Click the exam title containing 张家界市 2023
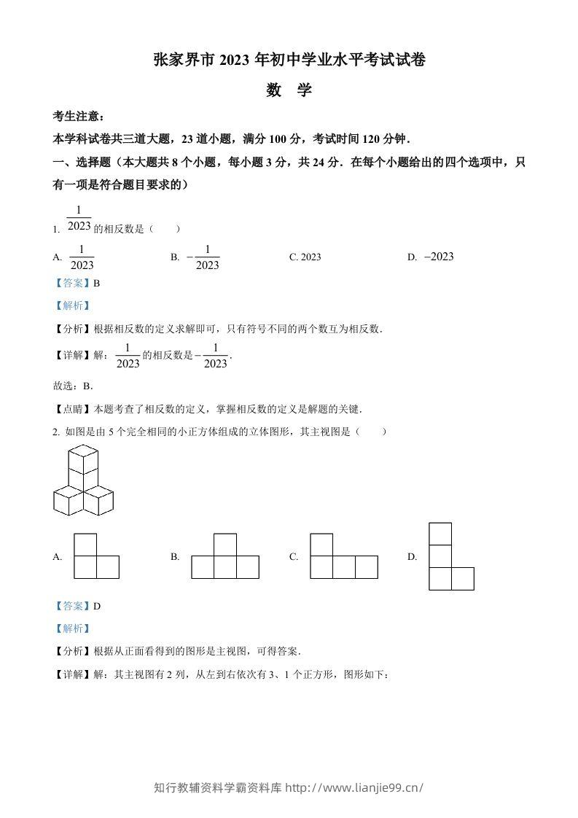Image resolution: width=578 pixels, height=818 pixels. pyautogui.click(x=289, y=61)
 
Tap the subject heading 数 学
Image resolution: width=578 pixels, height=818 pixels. pyautogui.click(x=289, y=90)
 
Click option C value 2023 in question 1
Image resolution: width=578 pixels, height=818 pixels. pyautogui.click(x=305, y=257)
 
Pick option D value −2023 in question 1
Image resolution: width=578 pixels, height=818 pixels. pyautogui.click(x=438, y=256)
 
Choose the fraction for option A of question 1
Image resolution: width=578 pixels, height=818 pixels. pyautogui.click(x=82, y=257)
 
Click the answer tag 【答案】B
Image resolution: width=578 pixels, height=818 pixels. pyautogui.click(x=77, y=283)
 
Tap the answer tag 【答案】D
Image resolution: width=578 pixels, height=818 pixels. pyautogui.click(x=77, y=606)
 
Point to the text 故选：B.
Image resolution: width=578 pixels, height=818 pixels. pyautogui.click(x=73, y=386)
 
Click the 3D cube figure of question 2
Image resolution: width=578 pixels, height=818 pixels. pyautogui.click(x=83, y=481)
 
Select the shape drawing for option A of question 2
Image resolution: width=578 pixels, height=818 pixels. pyautogui.click(x=96, y=556)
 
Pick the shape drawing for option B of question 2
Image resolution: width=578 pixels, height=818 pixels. pyautogui.click(x=225, y=556)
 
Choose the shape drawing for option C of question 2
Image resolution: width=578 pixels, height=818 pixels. pyautogui.click(x=344, y=556)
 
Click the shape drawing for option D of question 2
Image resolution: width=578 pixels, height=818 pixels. pyautogui.click(x=451, y=556)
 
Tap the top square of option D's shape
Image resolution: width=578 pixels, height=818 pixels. pyautogui.click(x=440, y=534)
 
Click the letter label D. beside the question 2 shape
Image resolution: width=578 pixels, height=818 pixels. pyautogui.click(x=413, y=556)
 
